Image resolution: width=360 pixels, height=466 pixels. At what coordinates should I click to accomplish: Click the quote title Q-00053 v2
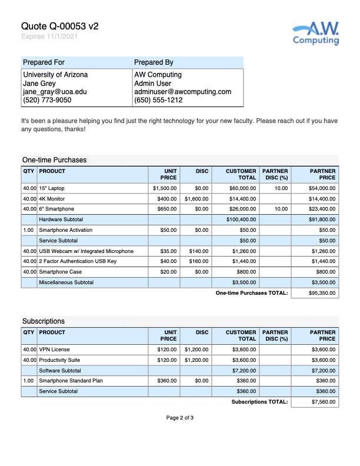coord(60,26)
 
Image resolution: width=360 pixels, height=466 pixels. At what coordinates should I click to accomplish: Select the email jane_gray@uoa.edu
coord(55,92)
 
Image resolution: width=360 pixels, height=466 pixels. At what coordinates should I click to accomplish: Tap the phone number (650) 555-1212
coord(158,100)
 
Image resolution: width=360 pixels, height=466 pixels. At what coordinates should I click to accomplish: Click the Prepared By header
coord(154,62)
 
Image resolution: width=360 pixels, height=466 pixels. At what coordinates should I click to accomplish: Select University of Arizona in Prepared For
coord(55,75)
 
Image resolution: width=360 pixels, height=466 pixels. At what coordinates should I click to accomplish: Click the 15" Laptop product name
coord(52,188)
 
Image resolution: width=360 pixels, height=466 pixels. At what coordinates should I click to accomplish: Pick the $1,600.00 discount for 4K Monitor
coord(196,199)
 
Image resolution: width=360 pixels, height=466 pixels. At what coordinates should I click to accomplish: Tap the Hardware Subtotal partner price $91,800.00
coord(322,219)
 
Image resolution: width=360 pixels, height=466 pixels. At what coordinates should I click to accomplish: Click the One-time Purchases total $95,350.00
coord(322,293)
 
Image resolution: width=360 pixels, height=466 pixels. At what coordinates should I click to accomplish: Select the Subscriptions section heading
coord(44,321)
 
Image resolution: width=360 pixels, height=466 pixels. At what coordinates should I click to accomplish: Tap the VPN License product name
coord(54,349)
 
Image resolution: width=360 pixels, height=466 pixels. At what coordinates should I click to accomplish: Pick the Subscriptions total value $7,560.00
coord(323,402)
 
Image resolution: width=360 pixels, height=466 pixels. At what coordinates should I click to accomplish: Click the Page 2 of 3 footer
coord(179,418)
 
